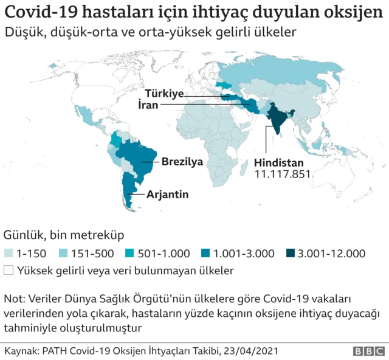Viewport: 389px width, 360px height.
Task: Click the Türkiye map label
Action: [164, 94]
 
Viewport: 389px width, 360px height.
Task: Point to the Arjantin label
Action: [167, 195]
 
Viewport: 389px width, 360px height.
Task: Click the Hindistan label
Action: [279, 164]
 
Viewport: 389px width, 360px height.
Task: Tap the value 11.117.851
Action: [282, 175]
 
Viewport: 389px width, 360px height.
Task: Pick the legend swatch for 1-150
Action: [9, 253]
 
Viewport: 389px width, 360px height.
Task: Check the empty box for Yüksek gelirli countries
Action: [9, 269]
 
